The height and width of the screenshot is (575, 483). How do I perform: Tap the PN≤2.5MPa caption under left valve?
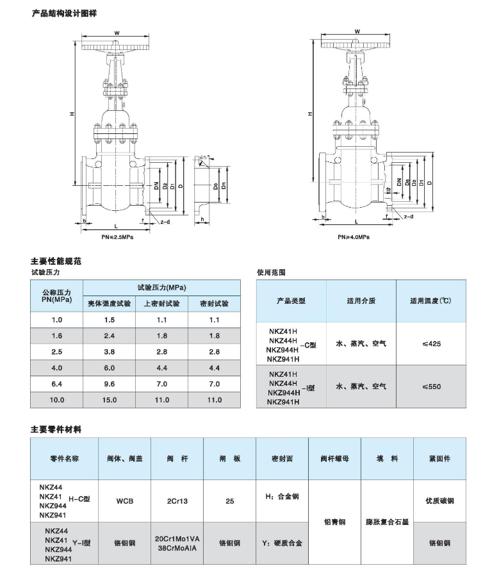[x=117, y=237]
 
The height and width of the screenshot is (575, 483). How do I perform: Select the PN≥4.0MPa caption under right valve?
[x=354, y=237]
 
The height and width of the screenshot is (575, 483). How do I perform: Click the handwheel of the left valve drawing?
[x=117, y=47]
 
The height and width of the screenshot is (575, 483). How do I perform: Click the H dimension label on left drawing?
[x=74, y=114]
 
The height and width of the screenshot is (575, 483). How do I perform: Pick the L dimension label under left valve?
[x=115, y=227]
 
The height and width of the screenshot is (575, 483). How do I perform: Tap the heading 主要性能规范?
[x=56, y=262]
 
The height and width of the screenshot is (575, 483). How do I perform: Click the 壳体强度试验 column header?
[x=109, y=304]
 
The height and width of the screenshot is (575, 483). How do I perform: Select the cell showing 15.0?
[x=109, y=400]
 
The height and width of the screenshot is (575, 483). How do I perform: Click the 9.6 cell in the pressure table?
[x=109, y=384]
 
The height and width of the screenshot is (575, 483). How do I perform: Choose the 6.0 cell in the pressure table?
[x=109, y=368]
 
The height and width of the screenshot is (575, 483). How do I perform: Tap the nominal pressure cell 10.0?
[x=57, y=400]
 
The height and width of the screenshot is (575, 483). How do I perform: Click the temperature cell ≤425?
[x=431, y=344]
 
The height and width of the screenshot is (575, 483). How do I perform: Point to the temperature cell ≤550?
[x=431, y=387]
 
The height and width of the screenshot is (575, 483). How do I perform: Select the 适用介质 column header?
[x=361, y=301]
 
